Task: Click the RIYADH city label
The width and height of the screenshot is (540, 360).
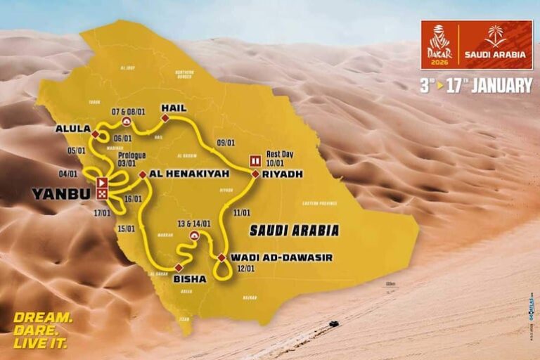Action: [x=284, y=174]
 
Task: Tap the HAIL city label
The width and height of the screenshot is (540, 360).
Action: [x=174, y=108]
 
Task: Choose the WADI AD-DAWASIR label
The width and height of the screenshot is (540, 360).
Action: [x=281, y=257]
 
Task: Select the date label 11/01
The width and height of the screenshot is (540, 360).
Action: [x=243, y=211]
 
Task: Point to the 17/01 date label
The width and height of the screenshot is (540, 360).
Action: [x=103, y=212]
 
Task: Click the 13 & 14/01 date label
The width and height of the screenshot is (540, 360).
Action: [x=195, y=223]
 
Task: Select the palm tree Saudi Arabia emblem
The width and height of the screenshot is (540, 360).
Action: [x=496, y=37]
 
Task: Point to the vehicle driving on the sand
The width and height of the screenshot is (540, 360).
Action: [x=333, y=324]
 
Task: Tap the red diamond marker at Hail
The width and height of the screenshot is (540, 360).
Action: [x=165, y=119]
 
